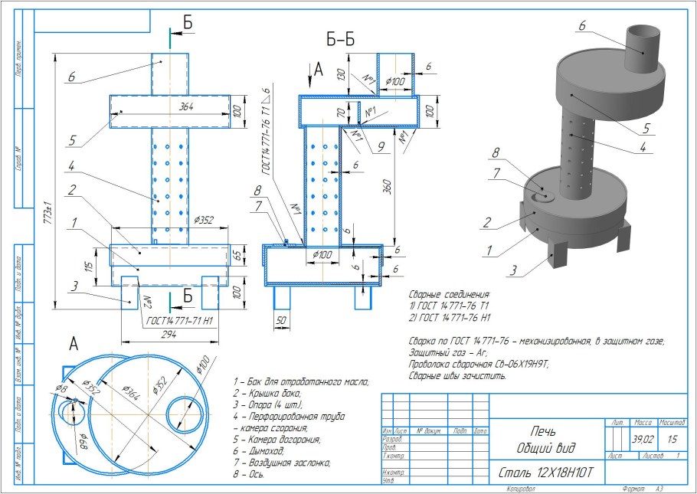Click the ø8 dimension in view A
tap(60, 390)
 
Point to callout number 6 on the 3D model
tap(581, 25)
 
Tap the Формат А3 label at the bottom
tap(635, 488)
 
